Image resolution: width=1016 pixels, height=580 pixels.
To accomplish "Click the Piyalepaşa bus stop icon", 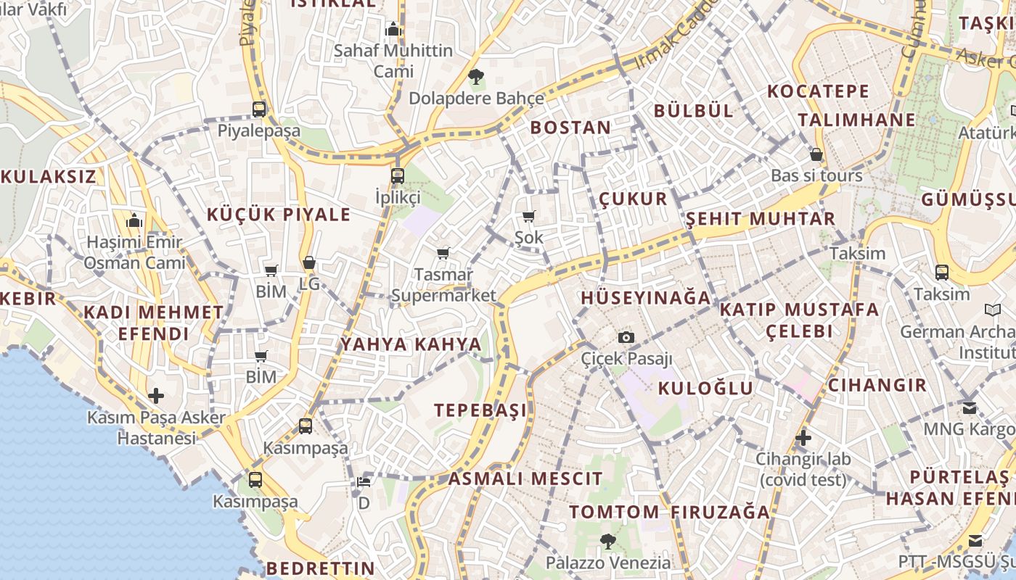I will click(259, 109).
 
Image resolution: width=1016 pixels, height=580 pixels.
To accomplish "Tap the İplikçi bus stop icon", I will click(397, 175).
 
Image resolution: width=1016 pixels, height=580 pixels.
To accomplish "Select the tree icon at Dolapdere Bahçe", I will click(476, 76).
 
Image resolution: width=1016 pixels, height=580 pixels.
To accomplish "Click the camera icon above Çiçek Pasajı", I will click(626, 337).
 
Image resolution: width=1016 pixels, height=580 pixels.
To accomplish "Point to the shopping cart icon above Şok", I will click(528, 216).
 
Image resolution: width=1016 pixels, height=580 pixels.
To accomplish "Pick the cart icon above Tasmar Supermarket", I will click(443, 253).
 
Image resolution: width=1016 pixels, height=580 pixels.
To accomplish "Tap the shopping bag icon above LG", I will click(309, 262).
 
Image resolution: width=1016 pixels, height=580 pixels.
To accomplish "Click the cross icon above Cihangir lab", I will click(803, 438).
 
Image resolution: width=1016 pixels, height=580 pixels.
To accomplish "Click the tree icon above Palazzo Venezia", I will click(608, 541).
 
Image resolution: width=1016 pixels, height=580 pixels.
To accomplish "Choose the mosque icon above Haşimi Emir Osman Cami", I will click(134, 221).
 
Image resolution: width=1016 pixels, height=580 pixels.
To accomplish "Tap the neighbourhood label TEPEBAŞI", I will click(480, 410).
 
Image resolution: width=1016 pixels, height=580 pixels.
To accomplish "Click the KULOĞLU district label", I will click(705, 388).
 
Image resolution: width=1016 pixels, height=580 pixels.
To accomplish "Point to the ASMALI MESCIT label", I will click(525, 478).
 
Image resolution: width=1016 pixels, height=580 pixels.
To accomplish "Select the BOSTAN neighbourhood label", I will click(570, 128).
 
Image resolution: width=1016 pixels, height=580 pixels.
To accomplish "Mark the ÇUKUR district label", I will click(633, 199).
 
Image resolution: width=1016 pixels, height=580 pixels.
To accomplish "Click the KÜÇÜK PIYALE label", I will click(279, 215).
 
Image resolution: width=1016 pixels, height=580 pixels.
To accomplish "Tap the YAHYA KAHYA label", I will click(411, 344).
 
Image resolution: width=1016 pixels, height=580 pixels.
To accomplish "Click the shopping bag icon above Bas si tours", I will click(816, 154).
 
